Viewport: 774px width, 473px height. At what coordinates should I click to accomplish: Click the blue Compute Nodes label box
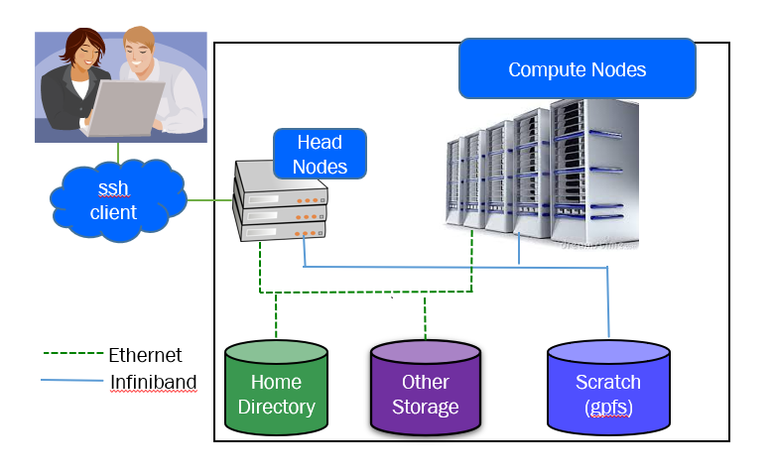pyautogui.click(x=577, y=68)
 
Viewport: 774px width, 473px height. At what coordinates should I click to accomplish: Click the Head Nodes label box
pyautogui.click(x=320, y=155)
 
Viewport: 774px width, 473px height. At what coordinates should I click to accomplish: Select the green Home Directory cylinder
pyautogui.click(x=276, y=392)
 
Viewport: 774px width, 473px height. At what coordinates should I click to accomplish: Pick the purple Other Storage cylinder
pyautogui.click(x=425, y=392)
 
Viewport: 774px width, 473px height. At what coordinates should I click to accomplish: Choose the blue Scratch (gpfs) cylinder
pyautogui.click(x=608, y=392)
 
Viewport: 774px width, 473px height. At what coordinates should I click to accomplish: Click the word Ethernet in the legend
pyautogui.click(x=145, y=355)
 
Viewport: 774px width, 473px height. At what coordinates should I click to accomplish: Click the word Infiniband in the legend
pyautogui.click(x=153, y=382)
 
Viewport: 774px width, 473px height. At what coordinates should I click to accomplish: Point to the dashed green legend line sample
pyautogui.click(x=73, y=353)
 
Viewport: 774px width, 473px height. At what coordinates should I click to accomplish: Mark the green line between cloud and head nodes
pyautogui.click(x=210, y=201)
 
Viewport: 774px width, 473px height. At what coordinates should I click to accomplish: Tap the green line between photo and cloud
pyautogui.click(x=118, y=153)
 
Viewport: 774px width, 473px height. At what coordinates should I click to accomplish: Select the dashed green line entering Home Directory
pyautogui.click(x=276, y=317)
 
